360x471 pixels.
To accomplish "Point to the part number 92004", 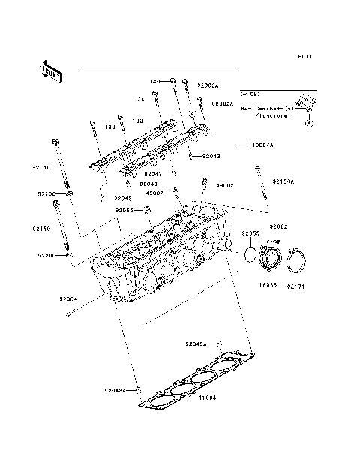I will click(69, 298).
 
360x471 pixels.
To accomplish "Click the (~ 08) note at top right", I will click(249, 94).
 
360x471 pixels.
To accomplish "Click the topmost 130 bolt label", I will click(154, 80).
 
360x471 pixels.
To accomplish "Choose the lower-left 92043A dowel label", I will click(116, 390).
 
